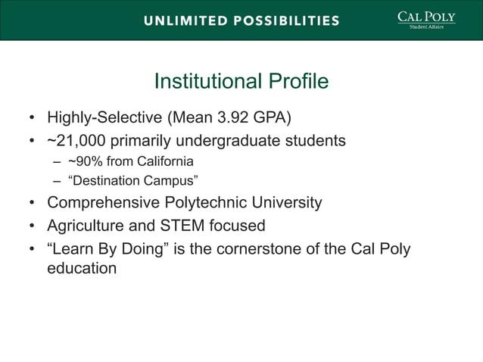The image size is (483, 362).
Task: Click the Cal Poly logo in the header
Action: click(426, 19)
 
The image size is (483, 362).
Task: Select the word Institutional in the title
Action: click(204, 82)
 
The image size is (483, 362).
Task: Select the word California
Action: click(160, 162)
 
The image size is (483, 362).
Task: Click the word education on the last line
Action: click(82, 268)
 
